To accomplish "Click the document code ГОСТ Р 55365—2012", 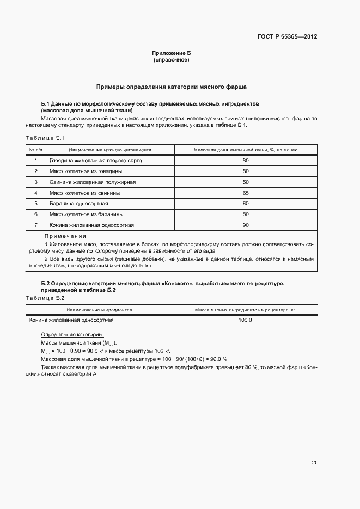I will (x=287, y=37).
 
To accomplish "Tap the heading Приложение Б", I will (x=172, y=53).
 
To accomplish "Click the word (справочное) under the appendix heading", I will (x=172, y=59).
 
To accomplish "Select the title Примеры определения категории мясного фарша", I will (x=172, y=87).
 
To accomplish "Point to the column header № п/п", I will (x=36, y=149).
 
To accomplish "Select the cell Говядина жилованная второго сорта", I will (x=92, y=161).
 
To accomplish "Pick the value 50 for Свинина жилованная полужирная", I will (x=245, y=182).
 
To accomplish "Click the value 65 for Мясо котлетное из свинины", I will (x=245, y=193).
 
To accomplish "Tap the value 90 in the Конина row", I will (x=245, y=225).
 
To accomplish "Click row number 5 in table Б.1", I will (x=36, y=204).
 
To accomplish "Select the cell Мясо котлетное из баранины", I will (x=86, y=214).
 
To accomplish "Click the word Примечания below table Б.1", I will (x=65, y=236).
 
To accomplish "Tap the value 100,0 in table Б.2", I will (x=245, y=320).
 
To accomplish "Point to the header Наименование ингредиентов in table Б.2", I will (x=99, y=309).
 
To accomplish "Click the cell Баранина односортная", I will (x=78, y=204).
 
